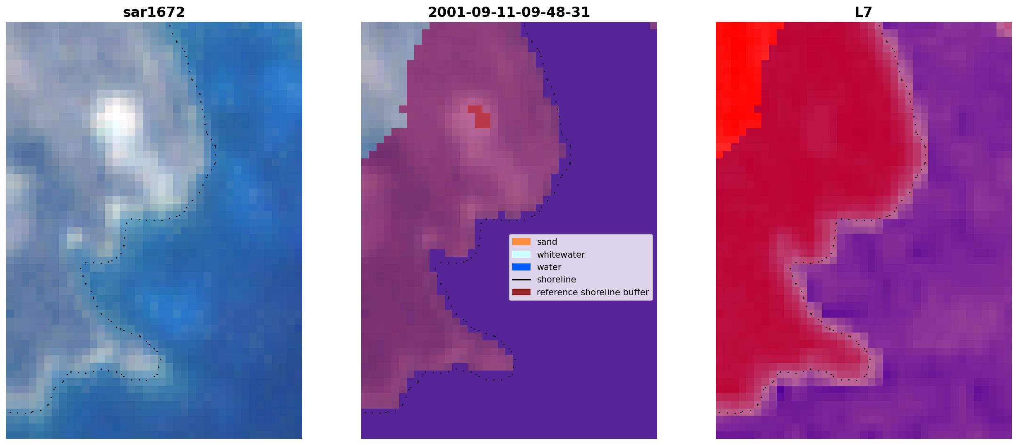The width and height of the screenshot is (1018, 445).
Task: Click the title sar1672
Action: click(x=154, y=12)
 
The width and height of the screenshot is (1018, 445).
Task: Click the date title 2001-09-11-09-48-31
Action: click(x=509, y=12)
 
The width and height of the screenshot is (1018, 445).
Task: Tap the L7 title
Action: click(x=864, y=12)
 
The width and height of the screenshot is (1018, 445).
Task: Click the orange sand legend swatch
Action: click(x=521, y=242)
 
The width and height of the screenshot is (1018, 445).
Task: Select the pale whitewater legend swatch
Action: click(x=521, y=254)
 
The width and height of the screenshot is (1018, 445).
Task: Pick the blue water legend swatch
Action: click(x=521, y=267)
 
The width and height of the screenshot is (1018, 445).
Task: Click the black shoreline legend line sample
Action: click(x=521, y=280)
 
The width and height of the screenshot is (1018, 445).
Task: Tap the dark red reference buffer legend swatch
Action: click(x=521, y=292)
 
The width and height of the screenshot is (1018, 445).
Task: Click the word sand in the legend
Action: click(x=547, y=242)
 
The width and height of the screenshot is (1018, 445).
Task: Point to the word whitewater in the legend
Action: click(x=561, y=255)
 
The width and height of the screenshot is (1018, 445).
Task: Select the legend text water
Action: click(x=549, y=267)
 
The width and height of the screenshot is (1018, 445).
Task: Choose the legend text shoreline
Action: click(x=557, y=280)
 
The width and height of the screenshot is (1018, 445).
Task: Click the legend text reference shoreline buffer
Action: click(x=593, y=292)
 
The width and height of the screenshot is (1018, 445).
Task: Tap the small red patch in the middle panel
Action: click(x=480, y=117)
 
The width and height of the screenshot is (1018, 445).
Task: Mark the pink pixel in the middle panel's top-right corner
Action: click(x=653, y=26)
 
